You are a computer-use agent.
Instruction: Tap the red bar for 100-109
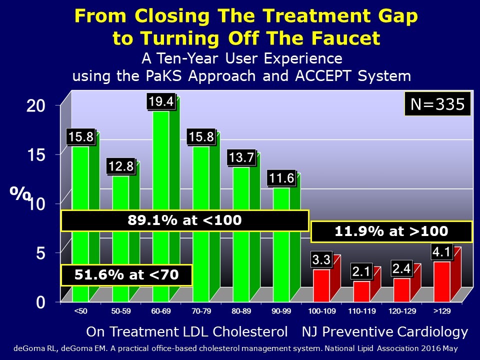[x=321, y=285]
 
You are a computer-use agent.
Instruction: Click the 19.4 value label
[x=160, y=102]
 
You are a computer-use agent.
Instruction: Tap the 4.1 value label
[x=441, y=252]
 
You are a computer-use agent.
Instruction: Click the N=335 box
[x=437, y=105]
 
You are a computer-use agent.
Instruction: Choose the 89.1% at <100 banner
[x=184, y=220]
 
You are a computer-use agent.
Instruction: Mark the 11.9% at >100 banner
[x=392, y=231]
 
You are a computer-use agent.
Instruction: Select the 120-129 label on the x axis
[x=401, y=310]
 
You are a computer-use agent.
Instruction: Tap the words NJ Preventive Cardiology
[x=384, y=331]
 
